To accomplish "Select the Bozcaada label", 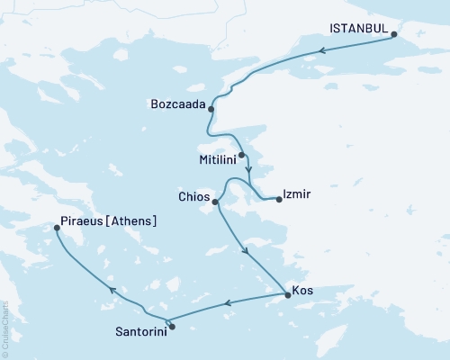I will [x=176, y=103].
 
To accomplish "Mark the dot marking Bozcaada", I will [x=211, y=109].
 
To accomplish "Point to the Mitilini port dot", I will [x=242, y=155].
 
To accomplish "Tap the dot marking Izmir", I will [x=278, y=199].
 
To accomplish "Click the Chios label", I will [x=194, y=195].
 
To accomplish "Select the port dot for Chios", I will [x=215, y=202].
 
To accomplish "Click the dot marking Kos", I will [x=286, y=293].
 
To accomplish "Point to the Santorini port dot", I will [x=172, y=326].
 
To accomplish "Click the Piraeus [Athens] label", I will [x=108, y=220].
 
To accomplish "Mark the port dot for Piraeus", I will [x=57, y=229].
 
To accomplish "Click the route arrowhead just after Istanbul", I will [x=321, y=49].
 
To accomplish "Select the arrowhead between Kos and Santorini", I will [x=227, y=304].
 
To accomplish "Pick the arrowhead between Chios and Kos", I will [x=246, y=253].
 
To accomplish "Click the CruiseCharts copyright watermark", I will [x=5, y=328].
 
